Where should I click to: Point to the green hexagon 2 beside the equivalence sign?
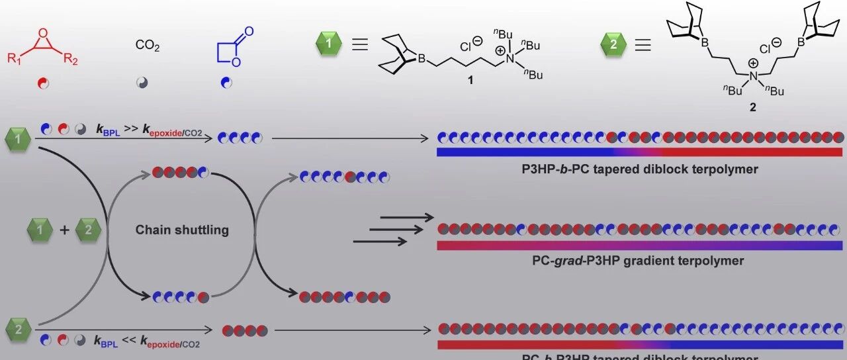613,45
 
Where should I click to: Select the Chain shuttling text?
182,230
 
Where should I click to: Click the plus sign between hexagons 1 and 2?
64,230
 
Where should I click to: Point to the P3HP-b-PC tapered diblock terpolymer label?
639,169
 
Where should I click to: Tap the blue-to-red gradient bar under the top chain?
639,152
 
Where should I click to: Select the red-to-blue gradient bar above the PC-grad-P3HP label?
639,246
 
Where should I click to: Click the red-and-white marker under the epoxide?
44,83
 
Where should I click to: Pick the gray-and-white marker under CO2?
142,83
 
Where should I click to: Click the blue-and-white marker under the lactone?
226,83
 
